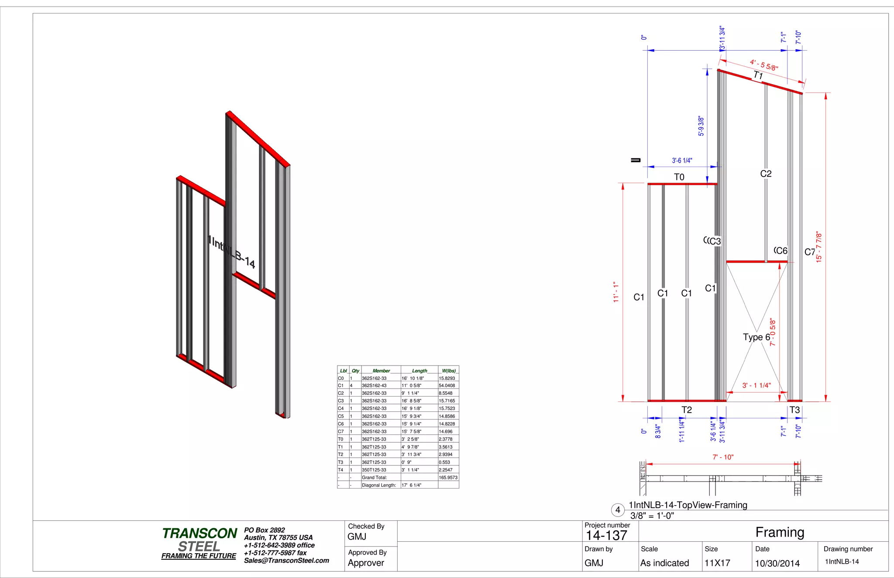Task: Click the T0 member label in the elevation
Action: click(679, 177)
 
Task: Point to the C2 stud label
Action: click(766, 174)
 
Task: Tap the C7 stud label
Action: click(810, 252)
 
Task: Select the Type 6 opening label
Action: click(756, 337)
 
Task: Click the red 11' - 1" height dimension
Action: click(616, 292)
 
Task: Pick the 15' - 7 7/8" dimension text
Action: click(819, 247)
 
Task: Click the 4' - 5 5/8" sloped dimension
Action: click(764, 65)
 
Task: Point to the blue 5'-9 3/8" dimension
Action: click(701, 126)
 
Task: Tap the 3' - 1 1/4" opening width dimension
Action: click(756, 386)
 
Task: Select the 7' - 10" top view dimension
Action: click(723, 457)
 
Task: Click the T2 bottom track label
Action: click(687, 410)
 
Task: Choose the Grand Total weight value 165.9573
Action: click(448, 478)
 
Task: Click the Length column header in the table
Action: click(419, 371)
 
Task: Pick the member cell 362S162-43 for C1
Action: click(374, 386)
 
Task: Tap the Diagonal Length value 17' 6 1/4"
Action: click(411, 485)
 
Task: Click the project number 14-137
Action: click(606, 536)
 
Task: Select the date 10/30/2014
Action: click(777, 563)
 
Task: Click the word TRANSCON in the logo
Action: click(199, 534)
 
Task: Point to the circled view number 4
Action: click(618, 510)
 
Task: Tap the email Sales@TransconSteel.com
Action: click(286, 561)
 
